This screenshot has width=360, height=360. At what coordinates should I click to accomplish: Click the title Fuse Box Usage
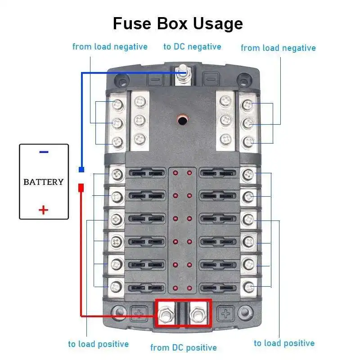178,23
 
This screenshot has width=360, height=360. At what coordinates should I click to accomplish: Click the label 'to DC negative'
192,46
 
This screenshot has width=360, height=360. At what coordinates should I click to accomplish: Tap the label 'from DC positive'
183,347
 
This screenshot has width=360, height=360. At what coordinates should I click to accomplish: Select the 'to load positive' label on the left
98,344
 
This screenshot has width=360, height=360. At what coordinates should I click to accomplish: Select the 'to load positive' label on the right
284,343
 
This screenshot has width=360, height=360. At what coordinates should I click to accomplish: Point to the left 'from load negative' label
110,46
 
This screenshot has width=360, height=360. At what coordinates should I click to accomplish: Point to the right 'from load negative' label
278,48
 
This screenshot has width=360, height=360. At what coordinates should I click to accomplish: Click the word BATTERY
44,182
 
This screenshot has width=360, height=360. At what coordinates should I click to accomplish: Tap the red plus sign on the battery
43,210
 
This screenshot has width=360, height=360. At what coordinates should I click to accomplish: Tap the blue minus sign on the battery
44,152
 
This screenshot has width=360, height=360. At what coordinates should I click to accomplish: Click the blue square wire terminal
81,170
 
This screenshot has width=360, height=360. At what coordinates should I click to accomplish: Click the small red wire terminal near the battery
81,187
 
